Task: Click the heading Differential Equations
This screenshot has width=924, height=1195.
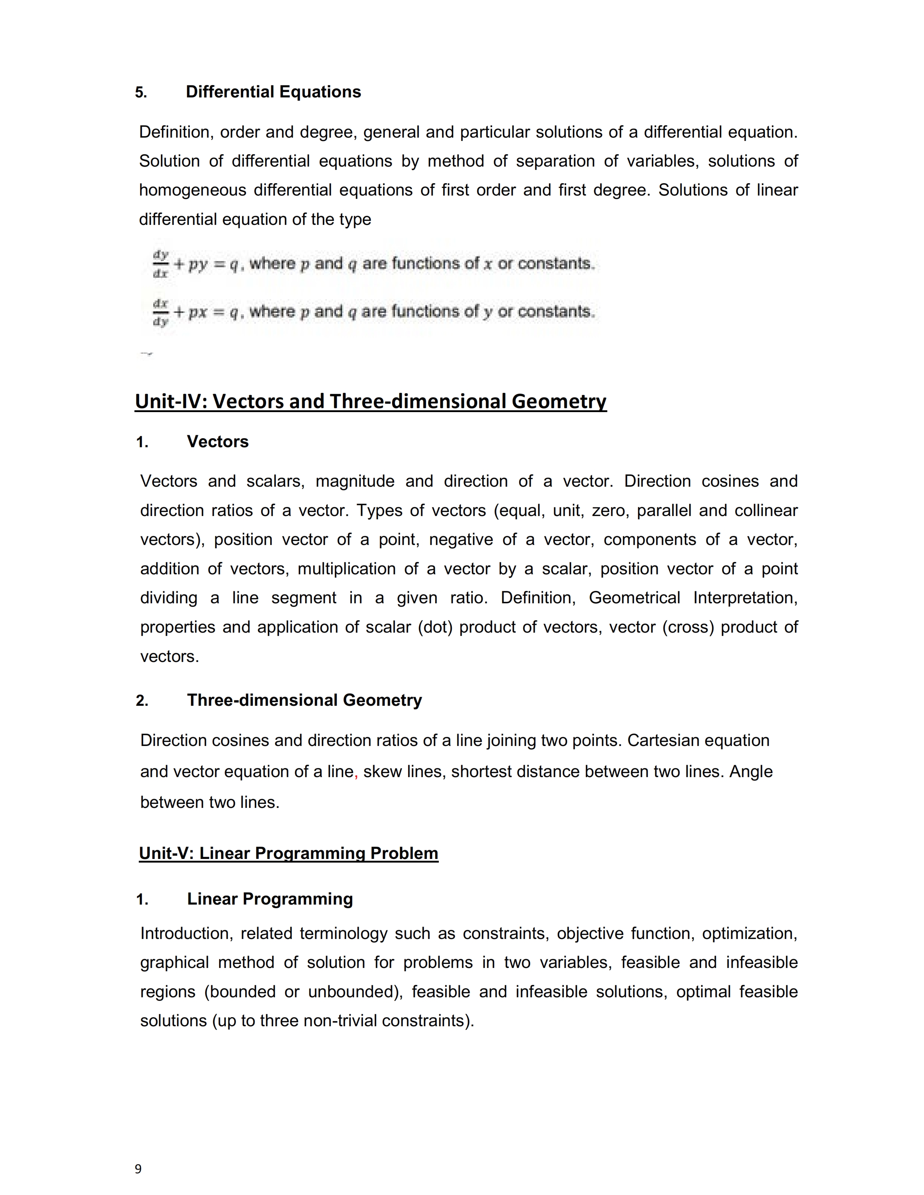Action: (x=273, y=92)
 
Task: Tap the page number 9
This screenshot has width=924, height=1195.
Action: (x=138, y=1169)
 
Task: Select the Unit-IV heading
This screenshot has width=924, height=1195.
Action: (x=371, y=401)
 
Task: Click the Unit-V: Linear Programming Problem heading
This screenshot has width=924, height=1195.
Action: (x=288, y=853)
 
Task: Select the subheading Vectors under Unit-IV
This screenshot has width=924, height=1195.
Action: (x=217, y=441)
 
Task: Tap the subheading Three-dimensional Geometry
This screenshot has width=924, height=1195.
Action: (x=304, y=700)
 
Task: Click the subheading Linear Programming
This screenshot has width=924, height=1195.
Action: (x=270, y=899)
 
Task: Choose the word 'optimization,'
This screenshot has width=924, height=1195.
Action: (x=749, y=934)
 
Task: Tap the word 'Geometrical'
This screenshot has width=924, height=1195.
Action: (x=634, y=598)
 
